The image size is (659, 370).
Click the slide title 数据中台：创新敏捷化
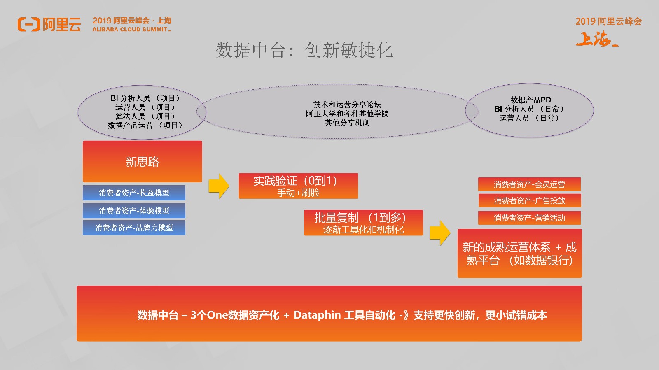(x=304, y=50)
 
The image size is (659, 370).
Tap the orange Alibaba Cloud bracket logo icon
(x=28, y=24)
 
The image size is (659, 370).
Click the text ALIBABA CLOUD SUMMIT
(x=131, y=29)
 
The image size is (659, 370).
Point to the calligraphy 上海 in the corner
(x=597, y=39)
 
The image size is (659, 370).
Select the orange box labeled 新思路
(x=143, y=161)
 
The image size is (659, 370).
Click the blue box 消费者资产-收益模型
(x=134, y=193)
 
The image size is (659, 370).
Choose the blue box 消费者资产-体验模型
(x=134, y=210)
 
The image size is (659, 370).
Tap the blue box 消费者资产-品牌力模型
(x=134, y=228)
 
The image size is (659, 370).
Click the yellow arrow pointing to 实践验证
(x=219, y=186)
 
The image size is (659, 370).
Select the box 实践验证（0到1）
(x=298, y=186)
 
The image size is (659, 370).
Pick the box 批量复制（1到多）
(x=363, y=223)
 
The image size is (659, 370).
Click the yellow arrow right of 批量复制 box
(x=440, y=233)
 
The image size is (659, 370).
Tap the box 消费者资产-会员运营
(x=529, y=184)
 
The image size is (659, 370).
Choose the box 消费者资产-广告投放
(x=530, y=200)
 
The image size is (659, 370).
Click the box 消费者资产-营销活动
(x=529, y=218)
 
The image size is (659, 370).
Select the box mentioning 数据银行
(x=519, y=254)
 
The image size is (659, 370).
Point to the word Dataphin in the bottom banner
(x=317, y=315)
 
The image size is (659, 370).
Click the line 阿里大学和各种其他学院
(x=347, y=114)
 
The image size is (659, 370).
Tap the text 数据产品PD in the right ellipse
(x=530, y=100)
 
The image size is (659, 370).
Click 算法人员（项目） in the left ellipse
(x=145, y=116)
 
